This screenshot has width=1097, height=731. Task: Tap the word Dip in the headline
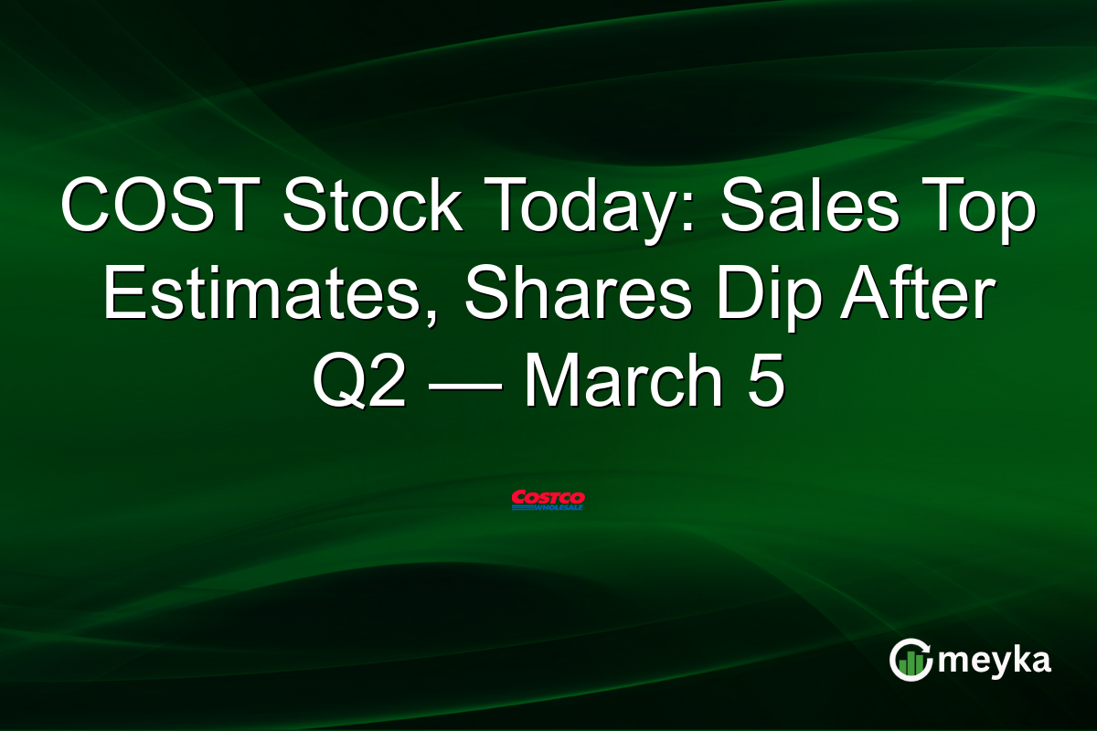[x=751, y=294]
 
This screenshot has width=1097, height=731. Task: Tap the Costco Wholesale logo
[x=548, y=500]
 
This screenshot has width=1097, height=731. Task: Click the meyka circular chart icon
[x=911, y=660]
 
